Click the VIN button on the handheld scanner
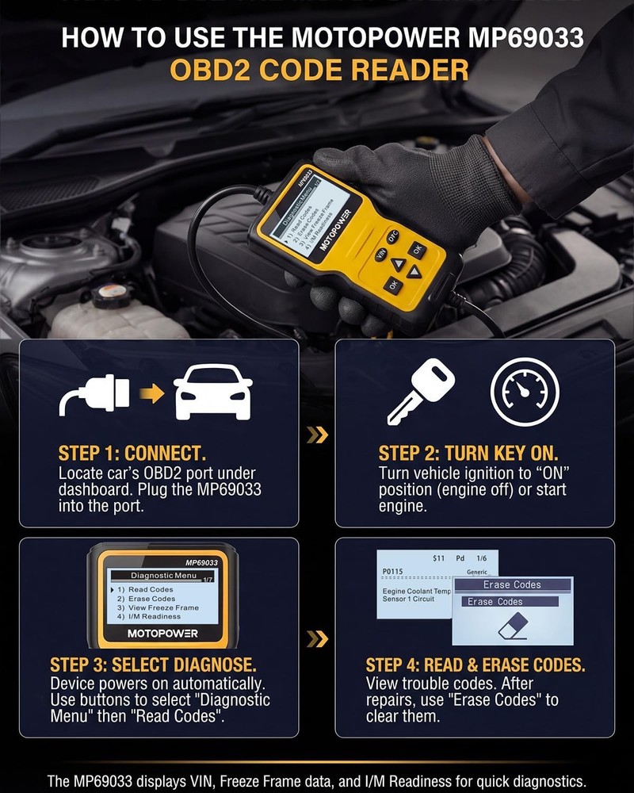381,255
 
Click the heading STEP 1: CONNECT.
132,454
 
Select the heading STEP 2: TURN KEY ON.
468,454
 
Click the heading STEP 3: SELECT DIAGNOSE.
153,664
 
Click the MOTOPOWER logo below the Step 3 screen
162,634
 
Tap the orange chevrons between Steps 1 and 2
317,434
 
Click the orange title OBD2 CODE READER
317,70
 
